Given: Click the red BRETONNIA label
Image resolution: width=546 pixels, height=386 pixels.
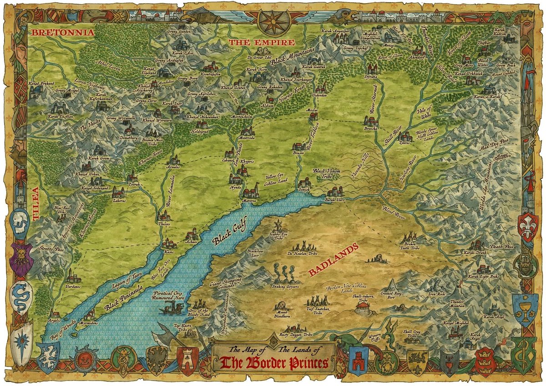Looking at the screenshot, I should point(62,33).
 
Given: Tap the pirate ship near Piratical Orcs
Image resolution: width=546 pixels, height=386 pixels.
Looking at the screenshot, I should point(170,310).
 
